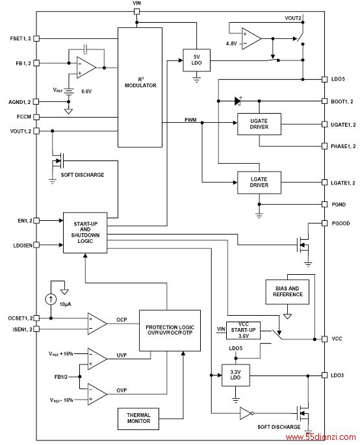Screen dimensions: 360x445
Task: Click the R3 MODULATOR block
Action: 140,88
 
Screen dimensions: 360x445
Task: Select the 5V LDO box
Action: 196,60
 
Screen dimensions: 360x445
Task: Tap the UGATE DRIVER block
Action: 259,124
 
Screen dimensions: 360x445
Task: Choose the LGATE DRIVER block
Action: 259,183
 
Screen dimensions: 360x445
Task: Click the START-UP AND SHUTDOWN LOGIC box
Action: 85,233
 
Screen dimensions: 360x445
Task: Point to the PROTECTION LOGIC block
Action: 170,331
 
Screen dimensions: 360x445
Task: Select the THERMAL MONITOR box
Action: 138,418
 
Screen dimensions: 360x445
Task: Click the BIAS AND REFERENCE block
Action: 287,292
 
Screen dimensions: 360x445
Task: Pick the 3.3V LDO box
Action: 236,375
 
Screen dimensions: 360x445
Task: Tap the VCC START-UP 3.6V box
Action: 243,331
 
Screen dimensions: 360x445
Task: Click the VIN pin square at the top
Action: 137,12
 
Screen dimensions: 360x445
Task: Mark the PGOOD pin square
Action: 324,223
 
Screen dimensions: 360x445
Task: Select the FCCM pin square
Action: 36,117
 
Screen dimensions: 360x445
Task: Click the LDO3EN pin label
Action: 23,245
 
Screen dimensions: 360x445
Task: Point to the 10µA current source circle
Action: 51,299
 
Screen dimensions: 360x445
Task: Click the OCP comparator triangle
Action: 97,324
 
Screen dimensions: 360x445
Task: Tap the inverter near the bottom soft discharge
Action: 246,413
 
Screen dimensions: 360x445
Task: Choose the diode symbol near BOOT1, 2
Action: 238,101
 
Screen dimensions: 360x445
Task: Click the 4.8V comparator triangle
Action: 251,38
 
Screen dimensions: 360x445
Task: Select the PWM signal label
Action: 190,120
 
